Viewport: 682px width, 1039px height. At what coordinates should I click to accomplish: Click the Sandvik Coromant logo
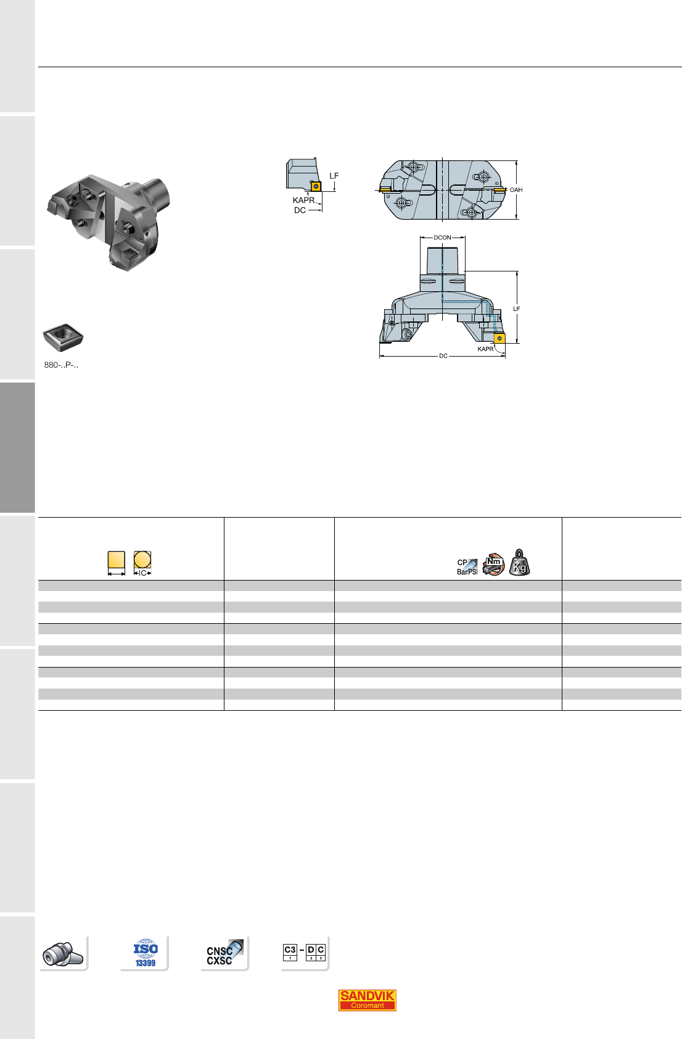click(x=367, y=1000)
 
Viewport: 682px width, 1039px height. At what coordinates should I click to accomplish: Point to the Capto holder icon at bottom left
click(x=63, y=954)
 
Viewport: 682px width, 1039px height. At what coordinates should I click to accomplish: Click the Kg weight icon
click(x=519, y=563)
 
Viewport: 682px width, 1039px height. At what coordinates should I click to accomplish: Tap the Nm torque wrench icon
click(x=493, y=564)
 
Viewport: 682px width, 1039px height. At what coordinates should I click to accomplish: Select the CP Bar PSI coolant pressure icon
click(x=467, y=566)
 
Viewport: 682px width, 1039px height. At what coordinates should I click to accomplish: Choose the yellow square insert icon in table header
click(x=117, y=560)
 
